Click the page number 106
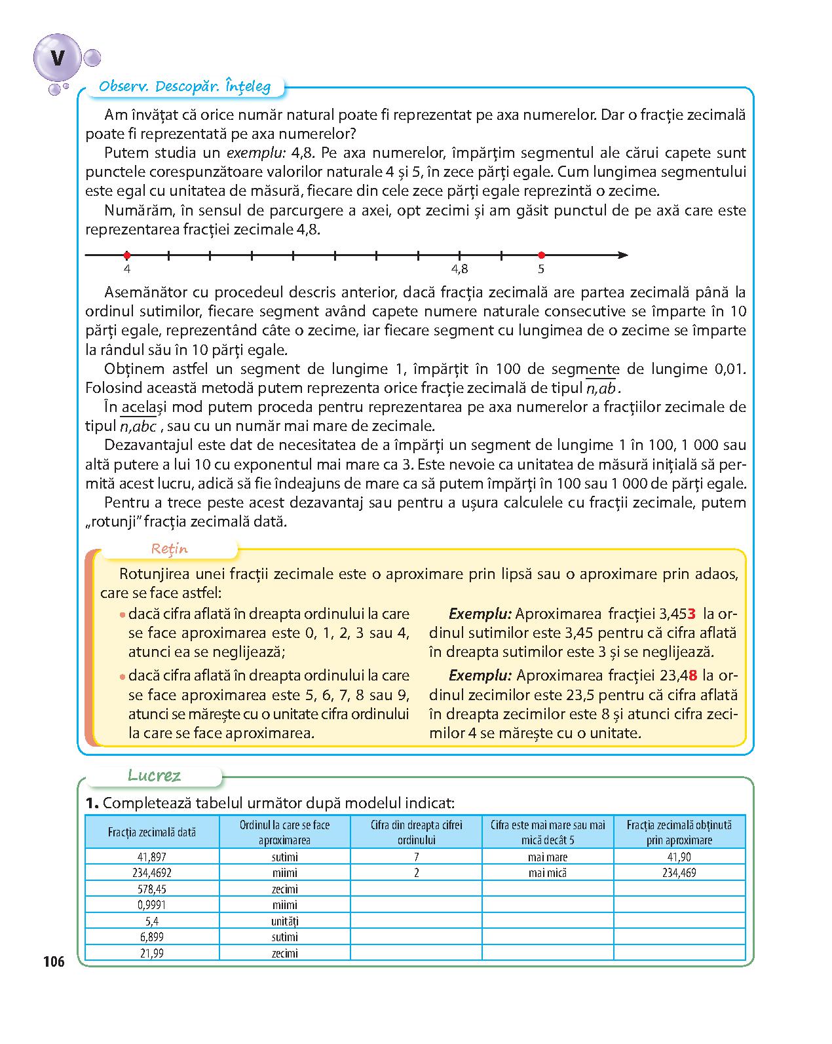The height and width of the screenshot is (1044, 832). click(x=54, y=962)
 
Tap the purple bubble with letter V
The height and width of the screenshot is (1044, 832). click(x=58, y=60)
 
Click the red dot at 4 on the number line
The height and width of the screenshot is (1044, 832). click(x=127, y=255)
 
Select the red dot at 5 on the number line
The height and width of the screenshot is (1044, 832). click(x=541, y=255)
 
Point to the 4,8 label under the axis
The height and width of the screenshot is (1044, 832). click(x=460, y=269)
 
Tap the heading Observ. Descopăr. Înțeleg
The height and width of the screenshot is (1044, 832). click(x=184, y=86)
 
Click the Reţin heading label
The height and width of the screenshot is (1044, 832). click(x=170, y=549)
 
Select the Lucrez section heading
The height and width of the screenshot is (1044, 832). click(x=155, y=776)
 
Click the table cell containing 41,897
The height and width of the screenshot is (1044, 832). click(x=153, y=857)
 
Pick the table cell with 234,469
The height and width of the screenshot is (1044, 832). click(x=679, y=873)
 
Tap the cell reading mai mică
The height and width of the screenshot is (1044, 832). click(x=548, y=873)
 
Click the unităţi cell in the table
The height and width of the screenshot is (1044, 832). click(x=285, y=921)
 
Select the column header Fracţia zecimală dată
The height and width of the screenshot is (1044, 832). click(x=153, y=832)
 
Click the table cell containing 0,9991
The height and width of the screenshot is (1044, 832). click(x=153, y=905)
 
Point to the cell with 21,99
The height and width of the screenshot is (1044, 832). click(x=153, y=953)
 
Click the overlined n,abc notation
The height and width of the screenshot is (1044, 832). click(x=138, y=426)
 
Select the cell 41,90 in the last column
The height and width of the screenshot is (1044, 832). click(x=679, y=857)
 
